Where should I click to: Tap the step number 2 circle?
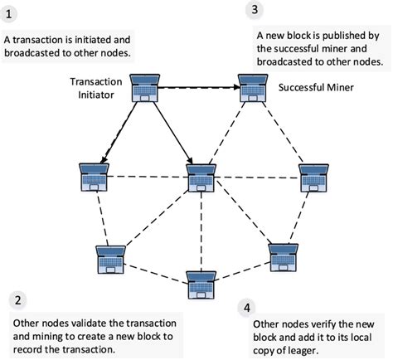(x=18, y=300)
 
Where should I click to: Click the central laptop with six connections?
(x=201, y=177)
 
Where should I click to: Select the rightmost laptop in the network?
(x=313, y=176)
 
